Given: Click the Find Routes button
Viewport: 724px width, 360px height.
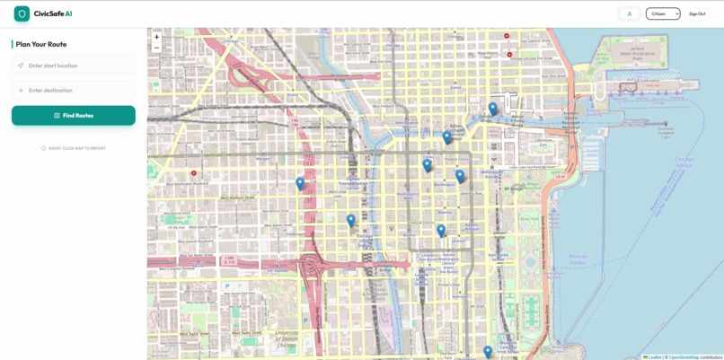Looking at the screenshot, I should [74, 116].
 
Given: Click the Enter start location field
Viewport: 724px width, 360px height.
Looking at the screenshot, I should [74, 66].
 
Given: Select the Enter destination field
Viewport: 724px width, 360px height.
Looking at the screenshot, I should [74, 91].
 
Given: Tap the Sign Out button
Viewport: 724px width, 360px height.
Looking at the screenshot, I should [697, 14].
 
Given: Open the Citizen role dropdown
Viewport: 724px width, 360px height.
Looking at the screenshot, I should [663, 14].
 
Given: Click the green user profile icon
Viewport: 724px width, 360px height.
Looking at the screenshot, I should [630, 14].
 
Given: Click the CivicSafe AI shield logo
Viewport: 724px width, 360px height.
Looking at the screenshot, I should [22, 14].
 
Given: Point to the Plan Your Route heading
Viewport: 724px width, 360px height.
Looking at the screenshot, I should [41, 44].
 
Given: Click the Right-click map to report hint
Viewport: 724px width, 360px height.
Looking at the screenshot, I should [74, 148].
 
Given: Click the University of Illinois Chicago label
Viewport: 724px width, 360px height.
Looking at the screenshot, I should [287, 338].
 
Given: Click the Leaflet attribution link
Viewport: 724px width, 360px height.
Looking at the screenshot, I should [654, 357].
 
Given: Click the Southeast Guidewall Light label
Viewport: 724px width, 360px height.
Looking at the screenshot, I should [665, 132].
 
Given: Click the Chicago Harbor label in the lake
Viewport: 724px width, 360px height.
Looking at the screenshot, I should [684, 162].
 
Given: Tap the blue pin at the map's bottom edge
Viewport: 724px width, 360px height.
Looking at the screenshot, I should [488, 353].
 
